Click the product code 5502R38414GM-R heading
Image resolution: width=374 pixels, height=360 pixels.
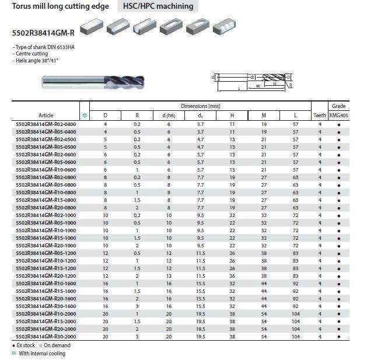click(x=44, y=33)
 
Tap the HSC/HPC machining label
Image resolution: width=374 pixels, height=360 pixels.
click(x=158, y=6)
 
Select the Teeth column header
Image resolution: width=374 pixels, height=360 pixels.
click(x=320, y=116)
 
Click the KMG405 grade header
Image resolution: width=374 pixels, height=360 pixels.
click(x=338, y=116)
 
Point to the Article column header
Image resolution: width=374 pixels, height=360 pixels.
click(x=46, y=116)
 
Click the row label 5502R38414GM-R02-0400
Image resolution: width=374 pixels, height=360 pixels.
click(x=46, y=124)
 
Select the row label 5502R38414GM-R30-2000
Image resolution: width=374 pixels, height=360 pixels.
click(x=46, y=337)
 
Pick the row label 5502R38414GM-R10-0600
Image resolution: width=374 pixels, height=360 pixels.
click(x=46, y=170)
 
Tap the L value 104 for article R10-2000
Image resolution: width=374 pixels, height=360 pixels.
click(x=296, y=314)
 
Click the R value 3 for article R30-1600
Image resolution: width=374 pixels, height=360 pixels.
click(x=137, y=306)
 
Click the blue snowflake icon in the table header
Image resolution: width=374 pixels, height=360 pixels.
click(x=85, y=116)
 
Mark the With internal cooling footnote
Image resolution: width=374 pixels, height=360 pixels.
click(x=42, y=353)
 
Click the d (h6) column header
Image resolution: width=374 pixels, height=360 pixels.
click(x=169, y=116)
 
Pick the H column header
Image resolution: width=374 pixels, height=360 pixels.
click(x=232, y=116)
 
